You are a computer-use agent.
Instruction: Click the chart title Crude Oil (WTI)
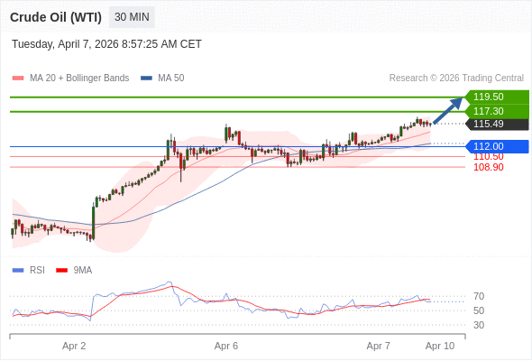pyautogui.click(x=55, y=17)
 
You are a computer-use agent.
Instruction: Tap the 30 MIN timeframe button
pyautogui.click(x=132, y=17)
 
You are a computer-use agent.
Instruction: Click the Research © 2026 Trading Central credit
pyautogui.click(x=455, y=79)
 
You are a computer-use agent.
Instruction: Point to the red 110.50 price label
pyautogui.click(x=488, y=156)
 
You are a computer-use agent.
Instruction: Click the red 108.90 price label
pyautogui.click(x=488, y=167)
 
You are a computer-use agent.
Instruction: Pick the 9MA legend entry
pyautogui.click(x=82, y=270)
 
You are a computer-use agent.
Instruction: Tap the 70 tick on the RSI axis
pyautogui.click(x=479, y=296)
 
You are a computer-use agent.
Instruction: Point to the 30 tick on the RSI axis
pyautogui.click(x=479, y=325)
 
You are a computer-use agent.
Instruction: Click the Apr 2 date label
pyautogui.click(x=74, y=346)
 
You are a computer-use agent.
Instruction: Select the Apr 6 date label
pyautogui.click(x=226, y=346)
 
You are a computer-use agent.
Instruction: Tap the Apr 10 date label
pyautogui.click(x=440, y=346)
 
